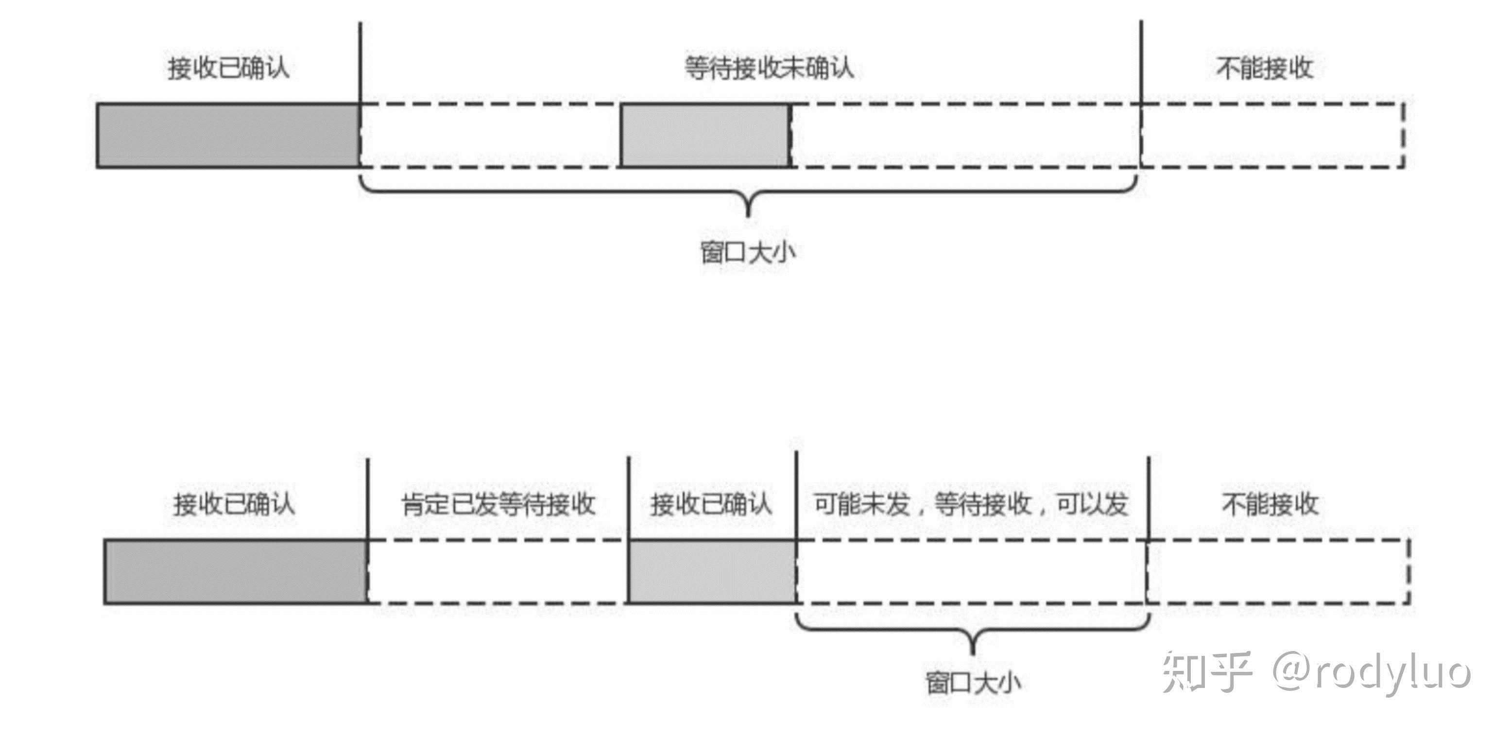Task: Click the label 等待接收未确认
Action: pos(769,69)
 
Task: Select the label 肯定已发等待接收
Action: pos(498,504)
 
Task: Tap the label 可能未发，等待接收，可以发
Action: pos(971,504)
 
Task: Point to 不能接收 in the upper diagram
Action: pos(1264,69)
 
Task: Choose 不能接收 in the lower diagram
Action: pos(1270,504)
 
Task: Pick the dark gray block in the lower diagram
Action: pos(236,571)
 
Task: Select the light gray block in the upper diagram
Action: pos(705,136)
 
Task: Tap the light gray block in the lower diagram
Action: pos(712,571)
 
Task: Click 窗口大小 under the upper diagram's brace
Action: pos(748,253)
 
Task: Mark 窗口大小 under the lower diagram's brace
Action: pos(974,683)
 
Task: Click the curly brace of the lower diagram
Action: pos(973,633)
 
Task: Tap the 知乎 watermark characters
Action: pos(1206,672)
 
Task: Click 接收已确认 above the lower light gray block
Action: pos(710,504)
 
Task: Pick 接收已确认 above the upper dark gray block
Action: pos(229,69)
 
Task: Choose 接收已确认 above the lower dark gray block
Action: pos(234,504)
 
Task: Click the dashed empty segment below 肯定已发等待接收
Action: pos(497,571)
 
